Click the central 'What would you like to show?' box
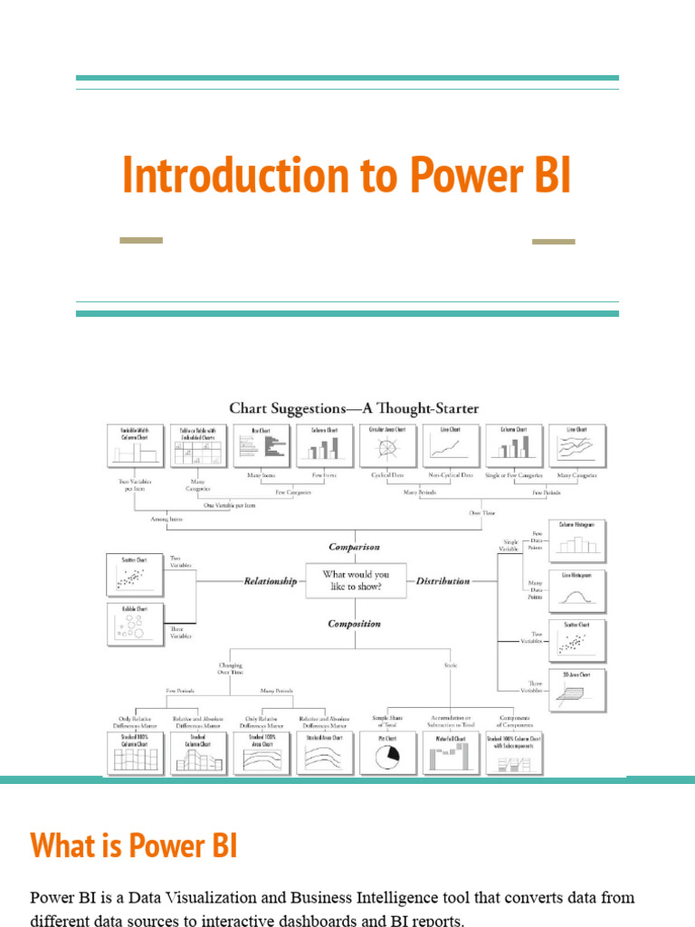coord(356,579)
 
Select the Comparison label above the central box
coord(354,547)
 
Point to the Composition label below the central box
coord(354,624)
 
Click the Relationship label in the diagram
coord(271,581)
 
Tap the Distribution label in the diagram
coord(443,581)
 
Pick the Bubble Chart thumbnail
coord(134,624)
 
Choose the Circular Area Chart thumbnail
coord(381,444)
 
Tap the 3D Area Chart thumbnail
coord(577,693)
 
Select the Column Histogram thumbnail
coord(577,541)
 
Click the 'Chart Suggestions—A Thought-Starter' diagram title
coord(354,408)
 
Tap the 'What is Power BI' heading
coord(134,846)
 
